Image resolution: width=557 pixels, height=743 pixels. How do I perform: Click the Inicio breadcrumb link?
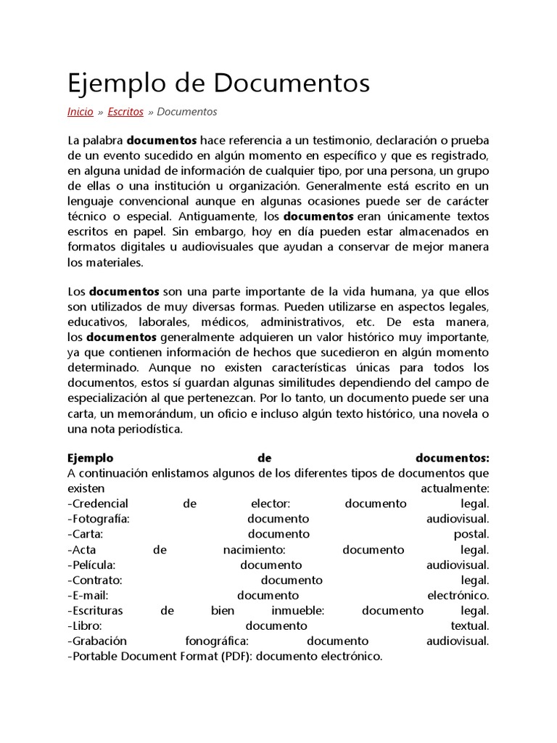coord(80,112)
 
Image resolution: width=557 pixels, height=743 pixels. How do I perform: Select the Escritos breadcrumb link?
coord(125,112)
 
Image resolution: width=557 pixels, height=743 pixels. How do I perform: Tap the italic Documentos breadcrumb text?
coord(186,112)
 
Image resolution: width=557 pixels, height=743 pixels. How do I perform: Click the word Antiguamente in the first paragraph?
coord(211,216)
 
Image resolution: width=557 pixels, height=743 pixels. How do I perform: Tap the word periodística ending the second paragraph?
coord(142,430)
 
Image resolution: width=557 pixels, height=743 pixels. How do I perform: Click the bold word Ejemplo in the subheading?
coord(91,458)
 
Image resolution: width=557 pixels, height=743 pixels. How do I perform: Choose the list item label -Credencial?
coord(98,504)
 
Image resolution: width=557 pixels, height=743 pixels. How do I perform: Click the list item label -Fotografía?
coord(99,519)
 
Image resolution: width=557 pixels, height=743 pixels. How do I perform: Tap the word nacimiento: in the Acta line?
coord(255,550)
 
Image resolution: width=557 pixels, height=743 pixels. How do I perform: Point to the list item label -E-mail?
coord(88,596)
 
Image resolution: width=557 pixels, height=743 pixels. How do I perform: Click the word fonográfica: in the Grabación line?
coord(217,641)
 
